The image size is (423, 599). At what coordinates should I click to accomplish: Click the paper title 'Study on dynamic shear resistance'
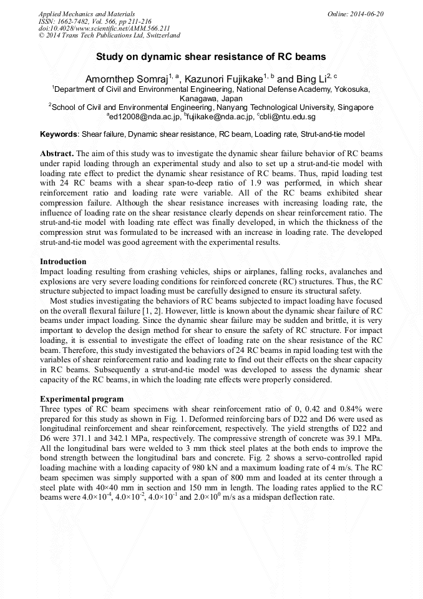[x=211, y=56]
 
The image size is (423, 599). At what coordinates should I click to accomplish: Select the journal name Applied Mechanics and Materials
[x=86, y=13]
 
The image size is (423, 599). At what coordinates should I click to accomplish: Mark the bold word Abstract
[x=57, y=153]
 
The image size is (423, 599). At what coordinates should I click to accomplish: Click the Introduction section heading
[x=63, y=262]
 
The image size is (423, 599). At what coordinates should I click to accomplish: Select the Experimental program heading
[x=81, y=399]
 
